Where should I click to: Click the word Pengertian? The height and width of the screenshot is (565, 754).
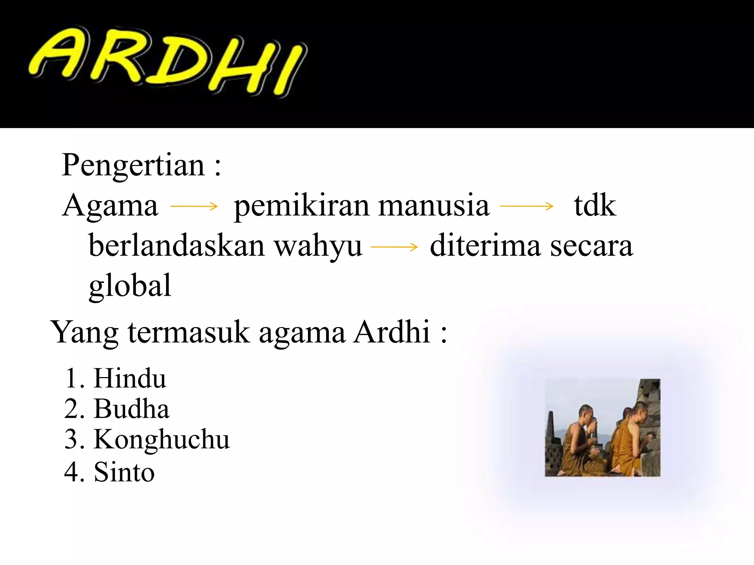(x=133, y=165)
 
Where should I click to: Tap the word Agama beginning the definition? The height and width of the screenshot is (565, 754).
(x=110, y=206)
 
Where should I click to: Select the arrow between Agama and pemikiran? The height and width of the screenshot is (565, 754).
(x=194, y=206)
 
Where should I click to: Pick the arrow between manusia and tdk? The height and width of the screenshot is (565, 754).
(x=527, y=206)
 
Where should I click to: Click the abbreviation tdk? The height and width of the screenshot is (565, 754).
(x=595, y=206)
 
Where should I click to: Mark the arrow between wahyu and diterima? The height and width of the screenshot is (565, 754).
(x=394, y=247)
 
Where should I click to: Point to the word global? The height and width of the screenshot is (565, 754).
(x=130, y=286)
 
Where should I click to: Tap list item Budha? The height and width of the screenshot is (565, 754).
(x=131, y=409)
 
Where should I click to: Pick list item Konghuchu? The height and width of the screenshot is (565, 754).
(x=161, y=440)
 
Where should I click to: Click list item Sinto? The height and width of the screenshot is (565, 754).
(x=124, y=472)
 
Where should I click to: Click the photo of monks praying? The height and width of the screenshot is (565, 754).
(x=602, y=428)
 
